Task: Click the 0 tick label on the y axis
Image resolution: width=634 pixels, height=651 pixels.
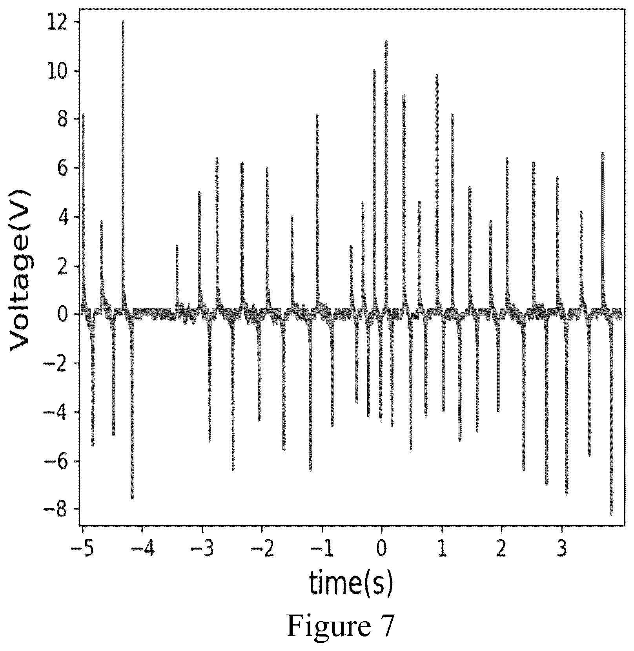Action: [62, 315]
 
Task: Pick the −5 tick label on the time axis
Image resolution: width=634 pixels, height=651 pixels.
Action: [82, 550]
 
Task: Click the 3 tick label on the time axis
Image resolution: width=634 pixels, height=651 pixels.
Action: [562, 550]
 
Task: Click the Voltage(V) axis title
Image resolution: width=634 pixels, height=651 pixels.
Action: [20, 270]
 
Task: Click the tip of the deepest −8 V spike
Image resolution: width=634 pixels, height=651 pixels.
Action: [611, 513]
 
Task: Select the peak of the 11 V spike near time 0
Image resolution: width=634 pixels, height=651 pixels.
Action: [386, 41]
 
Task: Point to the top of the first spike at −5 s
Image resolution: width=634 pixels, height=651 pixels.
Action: [83, 114]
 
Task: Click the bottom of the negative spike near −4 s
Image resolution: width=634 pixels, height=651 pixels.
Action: [132, 499]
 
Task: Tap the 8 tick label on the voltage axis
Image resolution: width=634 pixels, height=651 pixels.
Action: [62, 120]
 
